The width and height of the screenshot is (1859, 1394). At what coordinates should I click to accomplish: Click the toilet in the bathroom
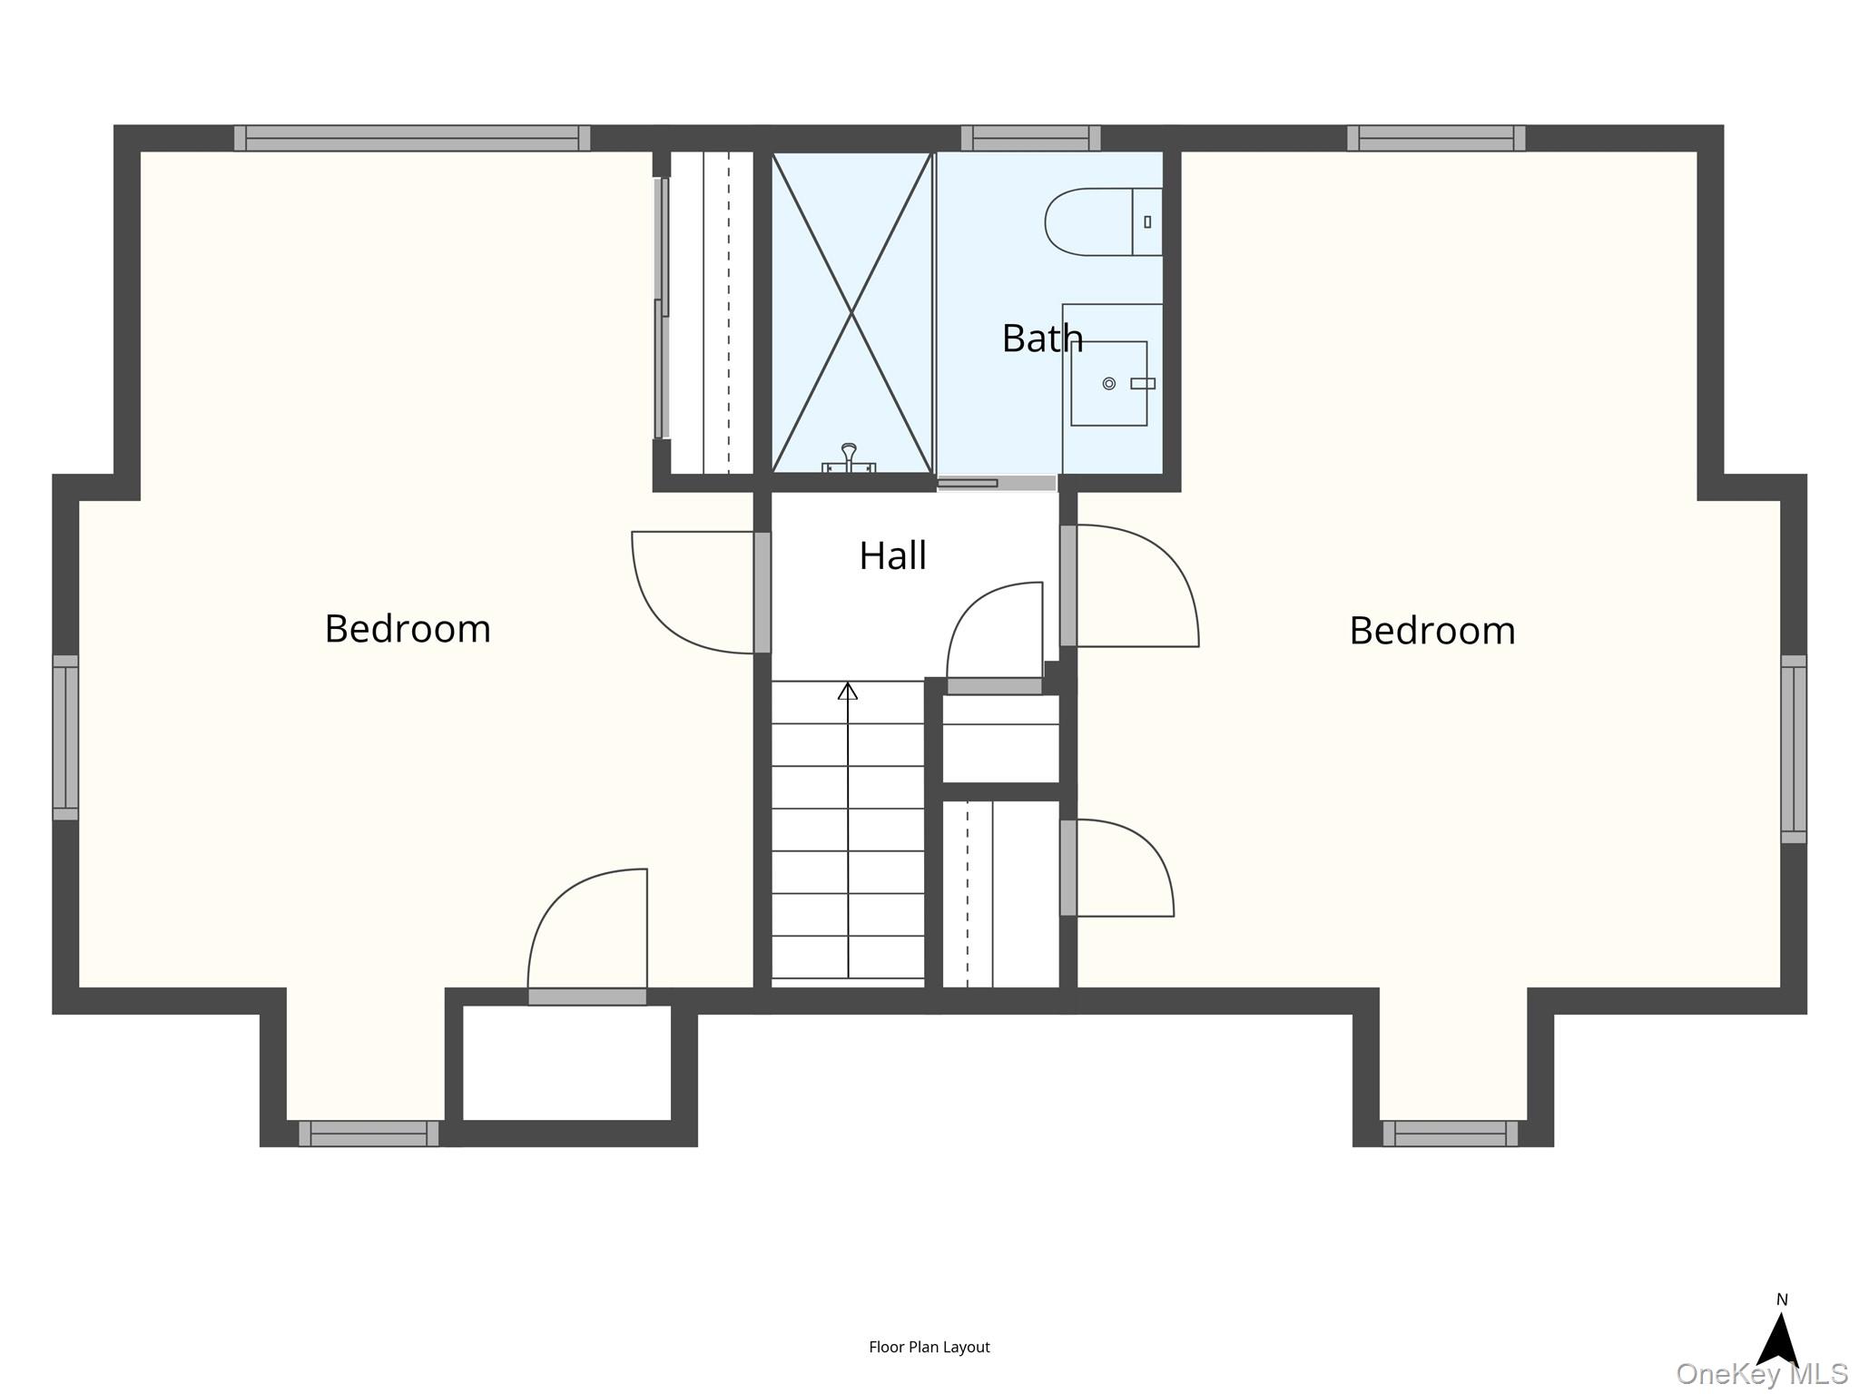[1104, 222]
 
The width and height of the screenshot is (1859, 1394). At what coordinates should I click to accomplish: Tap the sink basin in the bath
[1108, 384]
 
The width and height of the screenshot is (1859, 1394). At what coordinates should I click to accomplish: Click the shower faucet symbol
[849, 458]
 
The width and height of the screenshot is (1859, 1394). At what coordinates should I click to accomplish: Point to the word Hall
[893, 555]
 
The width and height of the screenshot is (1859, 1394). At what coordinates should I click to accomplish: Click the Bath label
[1042, 339]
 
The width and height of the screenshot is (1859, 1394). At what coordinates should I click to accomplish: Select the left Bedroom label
[408, 629]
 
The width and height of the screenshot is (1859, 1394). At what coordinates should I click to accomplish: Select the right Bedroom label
[1432, 631]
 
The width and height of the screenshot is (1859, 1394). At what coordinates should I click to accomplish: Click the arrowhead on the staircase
[848, 691]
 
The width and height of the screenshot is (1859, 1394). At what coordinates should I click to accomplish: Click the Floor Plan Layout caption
[929, 1347]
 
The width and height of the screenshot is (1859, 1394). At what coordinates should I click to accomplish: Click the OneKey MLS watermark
[1762, 1374]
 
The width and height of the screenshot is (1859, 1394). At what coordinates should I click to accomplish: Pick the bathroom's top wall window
[1031, 138]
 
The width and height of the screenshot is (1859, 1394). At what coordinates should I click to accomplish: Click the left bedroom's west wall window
[65, 738]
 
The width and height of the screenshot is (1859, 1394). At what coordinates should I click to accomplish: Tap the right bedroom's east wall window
[1794, 749]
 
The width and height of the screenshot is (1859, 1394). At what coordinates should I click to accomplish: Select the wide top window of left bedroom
[412, 138]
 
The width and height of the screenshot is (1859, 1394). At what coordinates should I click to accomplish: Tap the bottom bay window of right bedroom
[1451, 1134]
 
